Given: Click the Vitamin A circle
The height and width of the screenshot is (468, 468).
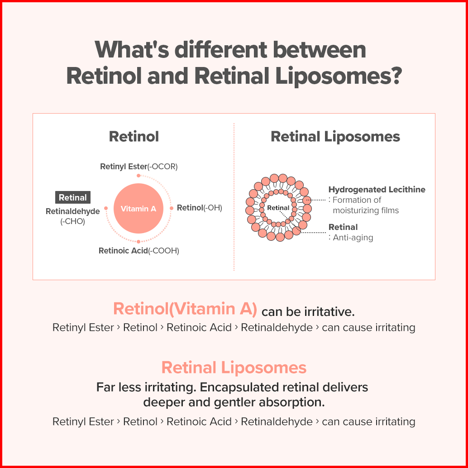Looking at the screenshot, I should click(138, 209).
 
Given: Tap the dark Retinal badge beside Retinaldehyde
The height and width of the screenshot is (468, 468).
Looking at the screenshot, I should click(72, 197).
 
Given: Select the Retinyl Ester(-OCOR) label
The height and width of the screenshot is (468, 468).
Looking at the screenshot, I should click(138, 167).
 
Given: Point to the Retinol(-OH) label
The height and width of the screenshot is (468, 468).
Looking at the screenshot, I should click(199, 208).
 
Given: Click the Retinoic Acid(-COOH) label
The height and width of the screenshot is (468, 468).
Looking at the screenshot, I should click(138, 250).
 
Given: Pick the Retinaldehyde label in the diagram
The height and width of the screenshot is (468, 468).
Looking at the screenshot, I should click(72, 212).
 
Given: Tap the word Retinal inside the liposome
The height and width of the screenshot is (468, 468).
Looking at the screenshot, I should click(278, 208).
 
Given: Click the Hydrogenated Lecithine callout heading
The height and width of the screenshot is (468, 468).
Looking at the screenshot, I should click(377, 190).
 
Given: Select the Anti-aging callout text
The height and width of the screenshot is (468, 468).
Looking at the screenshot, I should click(353, 238).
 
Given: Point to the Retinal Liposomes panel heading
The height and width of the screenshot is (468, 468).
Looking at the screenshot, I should click(335, 137).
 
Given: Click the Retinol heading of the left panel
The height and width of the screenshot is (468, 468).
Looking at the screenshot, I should click(134, 137).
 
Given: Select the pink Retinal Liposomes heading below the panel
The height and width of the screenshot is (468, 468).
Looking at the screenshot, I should click(234, 367).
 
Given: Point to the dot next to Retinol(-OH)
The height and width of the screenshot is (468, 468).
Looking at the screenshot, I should click(172, 208).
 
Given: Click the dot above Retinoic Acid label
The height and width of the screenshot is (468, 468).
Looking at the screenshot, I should click(138, 242).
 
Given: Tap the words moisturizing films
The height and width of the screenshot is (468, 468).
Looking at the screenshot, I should click(366, 210).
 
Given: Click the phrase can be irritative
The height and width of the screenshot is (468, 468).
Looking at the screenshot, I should click(308, 311).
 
